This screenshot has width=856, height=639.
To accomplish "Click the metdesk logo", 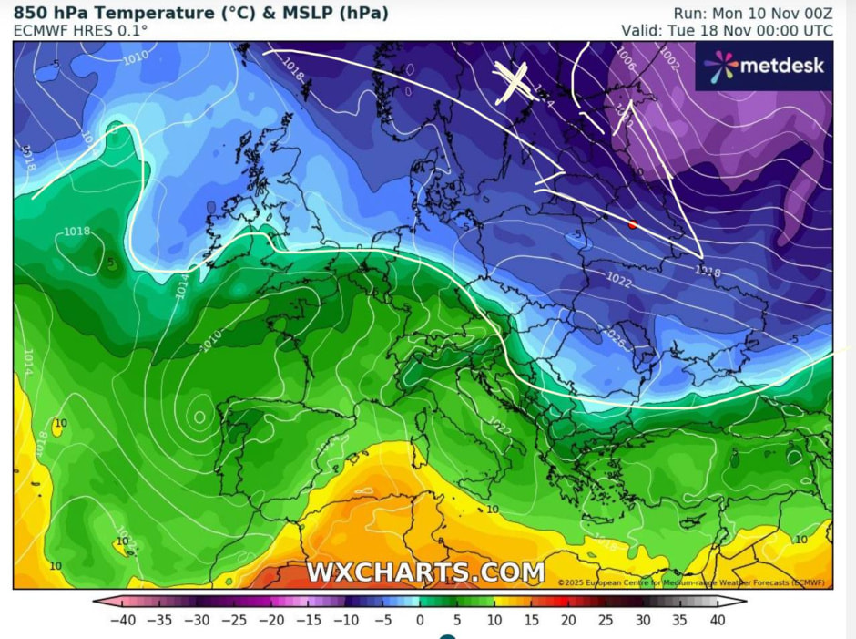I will pos(764,66).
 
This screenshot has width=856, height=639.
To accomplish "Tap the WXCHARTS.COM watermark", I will pos(425,572).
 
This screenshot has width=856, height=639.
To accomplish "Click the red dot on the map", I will pos(633,224).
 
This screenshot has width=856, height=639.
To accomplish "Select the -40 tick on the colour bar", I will pos(124,621).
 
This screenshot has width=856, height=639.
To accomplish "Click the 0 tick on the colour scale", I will pos(420,621).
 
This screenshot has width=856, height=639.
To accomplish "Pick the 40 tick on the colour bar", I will pos(717,621).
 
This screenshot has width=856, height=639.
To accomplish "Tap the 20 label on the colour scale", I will pos(568,621).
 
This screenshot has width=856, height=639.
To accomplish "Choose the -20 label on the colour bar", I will pos(271,621).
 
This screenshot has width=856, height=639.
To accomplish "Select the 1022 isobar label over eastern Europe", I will pos(619,283).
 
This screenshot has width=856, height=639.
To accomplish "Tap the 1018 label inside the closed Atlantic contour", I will pos(76,232).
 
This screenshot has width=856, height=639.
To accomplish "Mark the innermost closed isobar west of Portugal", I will pos(199,417).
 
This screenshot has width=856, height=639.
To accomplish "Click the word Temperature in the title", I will pos(138,13).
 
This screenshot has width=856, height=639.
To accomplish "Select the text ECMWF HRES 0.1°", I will pos(80,31).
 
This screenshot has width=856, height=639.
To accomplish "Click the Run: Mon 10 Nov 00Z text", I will pos(752,13).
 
